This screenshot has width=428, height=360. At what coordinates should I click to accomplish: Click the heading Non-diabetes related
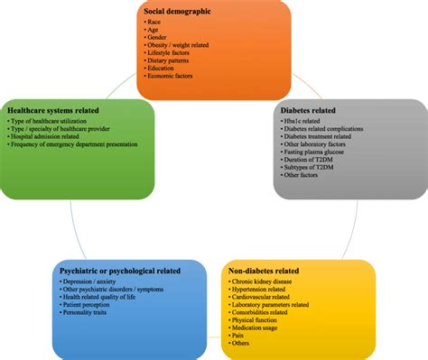click(270, 271)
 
